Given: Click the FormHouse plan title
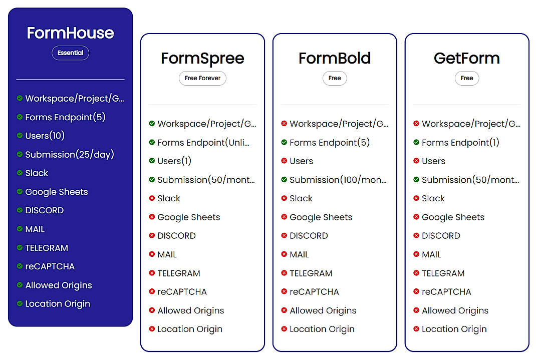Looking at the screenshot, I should pyautogui.click(x=70, y=33).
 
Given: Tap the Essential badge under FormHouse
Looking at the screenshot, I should pyautogui.click(x=70, y=53).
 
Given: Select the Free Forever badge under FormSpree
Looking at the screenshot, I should pyautogui.click(x=202, y=78).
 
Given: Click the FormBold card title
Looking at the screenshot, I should pyautogui.click(x=335, y=58).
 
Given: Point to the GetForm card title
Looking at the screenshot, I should pyautogui.click(x=466, y=58).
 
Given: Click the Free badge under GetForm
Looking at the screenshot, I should pyautogui.click(x=466, y=78).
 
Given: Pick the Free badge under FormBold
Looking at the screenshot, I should pyautogui.click(x=335, y=78).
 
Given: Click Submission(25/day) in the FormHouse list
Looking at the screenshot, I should pyautogui.click(x=70, y=154).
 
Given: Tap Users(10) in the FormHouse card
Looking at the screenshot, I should pyautogui.click(x=45, y=136).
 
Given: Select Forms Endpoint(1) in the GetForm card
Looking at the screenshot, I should pyautogui.click(x=460, y=142).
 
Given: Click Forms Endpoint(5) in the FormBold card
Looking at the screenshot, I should pyautogui.click(x=329, y=142).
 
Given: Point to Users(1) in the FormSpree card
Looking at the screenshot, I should pyautogui.click(x=174, y=161).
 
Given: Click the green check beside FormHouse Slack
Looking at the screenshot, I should pyautogui.click(x=20, y=173).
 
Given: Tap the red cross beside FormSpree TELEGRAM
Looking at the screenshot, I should pyautogui.click(x=152, y=273).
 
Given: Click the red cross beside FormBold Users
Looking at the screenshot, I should pyautogui.click(x=284, y=161).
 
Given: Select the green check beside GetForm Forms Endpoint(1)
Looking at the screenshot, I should pyautogui.click(x=416, y=142).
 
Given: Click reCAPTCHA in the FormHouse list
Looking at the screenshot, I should pyautogui.click(x=50, y=266).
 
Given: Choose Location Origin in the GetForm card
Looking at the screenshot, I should pyautogui.click(x=454, y=329).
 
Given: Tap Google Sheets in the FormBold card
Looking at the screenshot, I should pyautogui.click(x=321, y=217).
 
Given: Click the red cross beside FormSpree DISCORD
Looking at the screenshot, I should pyautogui.click(x=152, y=235).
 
